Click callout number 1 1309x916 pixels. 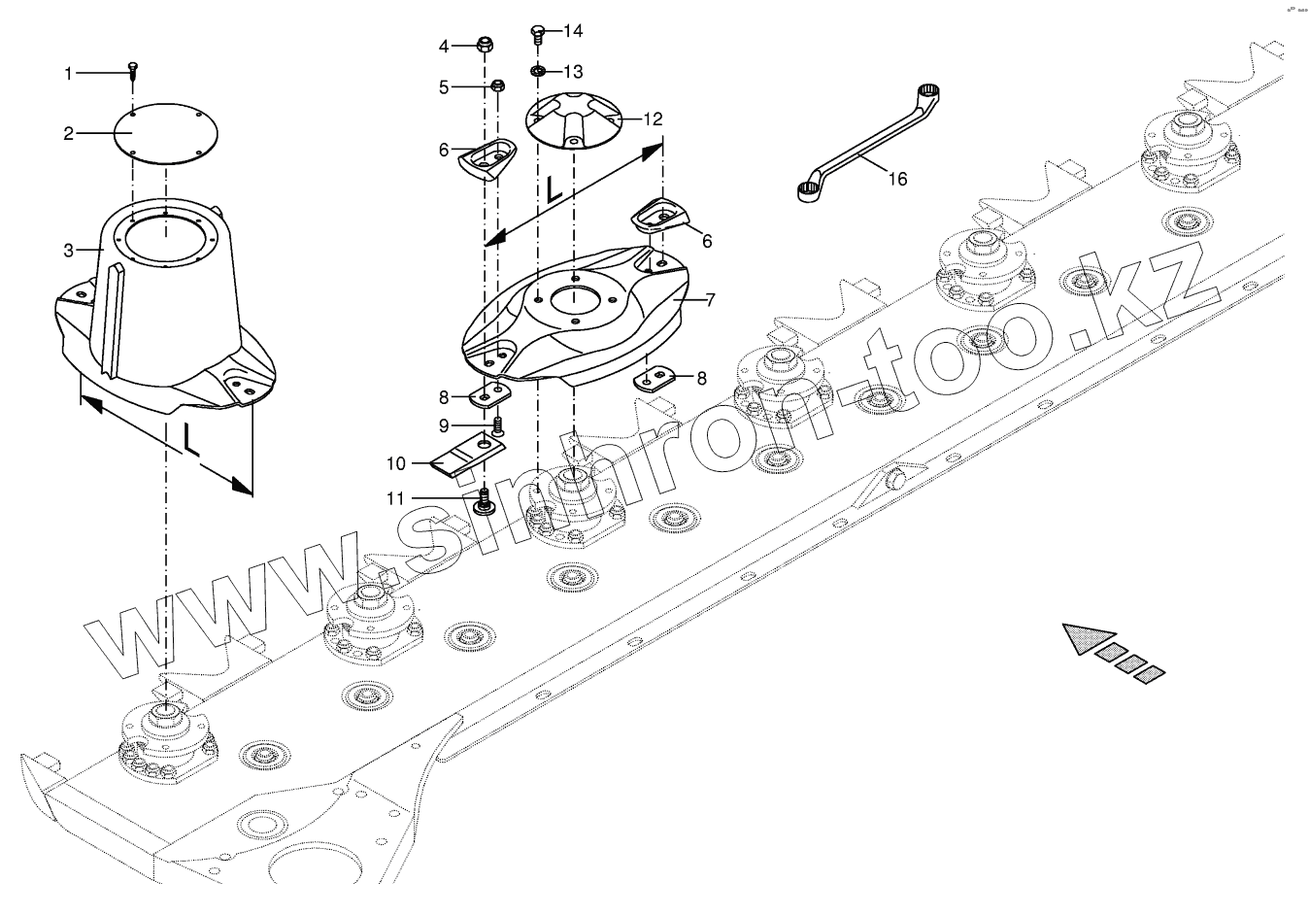(68, 73)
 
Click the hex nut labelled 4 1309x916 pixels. (484, 45)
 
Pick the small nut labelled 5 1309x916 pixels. (496, 85)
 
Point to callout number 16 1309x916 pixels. (897, 179)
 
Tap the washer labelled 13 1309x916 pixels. (537, 72)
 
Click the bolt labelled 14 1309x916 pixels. (537, 34)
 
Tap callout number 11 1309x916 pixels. (394, 498)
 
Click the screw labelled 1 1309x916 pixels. (133, 69)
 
